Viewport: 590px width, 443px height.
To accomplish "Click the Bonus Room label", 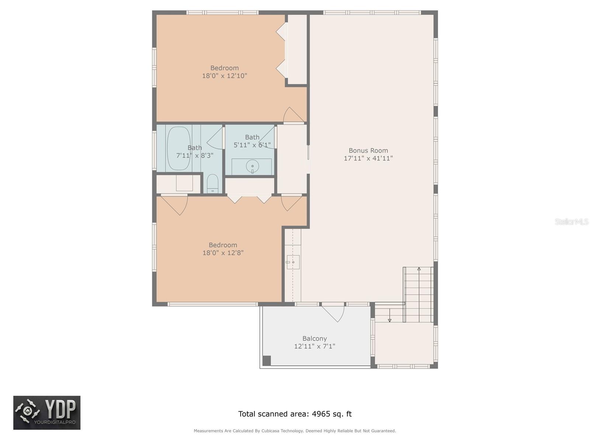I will (x=368, y=150).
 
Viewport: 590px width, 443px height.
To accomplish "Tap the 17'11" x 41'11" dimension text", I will (x=368, y=158).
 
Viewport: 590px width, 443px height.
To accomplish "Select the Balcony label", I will (x=315, y=338).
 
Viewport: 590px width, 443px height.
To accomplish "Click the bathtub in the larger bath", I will (x=179, y=148).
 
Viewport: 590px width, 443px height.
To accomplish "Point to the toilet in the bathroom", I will (x=212, y=184).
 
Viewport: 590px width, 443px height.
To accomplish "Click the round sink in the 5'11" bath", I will (x=252, y=166).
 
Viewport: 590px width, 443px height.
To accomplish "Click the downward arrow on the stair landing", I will (x=389, y=319).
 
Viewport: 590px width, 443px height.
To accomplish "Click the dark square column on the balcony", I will (x=266, y=360).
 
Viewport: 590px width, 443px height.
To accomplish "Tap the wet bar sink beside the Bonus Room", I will (x=293, y=262).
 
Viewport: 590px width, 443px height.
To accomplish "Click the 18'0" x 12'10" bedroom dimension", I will (x=224, y=76).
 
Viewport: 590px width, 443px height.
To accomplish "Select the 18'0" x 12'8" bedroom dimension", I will (x=223, y=253).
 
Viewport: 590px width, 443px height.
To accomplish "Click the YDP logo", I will (x=47, y=413).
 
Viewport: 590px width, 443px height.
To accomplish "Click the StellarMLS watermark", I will (x=571, y=221).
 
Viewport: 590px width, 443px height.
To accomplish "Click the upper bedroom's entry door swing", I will (x=293, y=115).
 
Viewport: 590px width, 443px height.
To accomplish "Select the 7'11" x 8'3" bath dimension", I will (x=195, y=155).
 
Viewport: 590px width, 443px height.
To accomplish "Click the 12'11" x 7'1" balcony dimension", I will (x=315, y=346).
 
